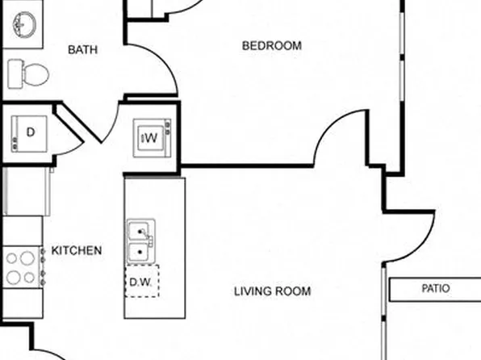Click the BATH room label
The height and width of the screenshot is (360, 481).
(x=82, y=50)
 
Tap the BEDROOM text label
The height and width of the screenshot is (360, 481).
(x=272, y=46)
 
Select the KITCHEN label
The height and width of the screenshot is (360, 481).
(x=77, y=250)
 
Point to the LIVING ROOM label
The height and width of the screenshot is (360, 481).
(x=272, y=291)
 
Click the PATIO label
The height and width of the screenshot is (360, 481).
(x=436, y=288)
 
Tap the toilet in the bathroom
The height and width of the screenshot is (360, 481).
(x=29, y=74)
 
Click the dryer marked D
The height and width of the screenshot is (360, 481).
(x=30, y=134)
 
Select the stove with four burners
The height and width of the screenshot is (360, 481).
(x=22, y=267)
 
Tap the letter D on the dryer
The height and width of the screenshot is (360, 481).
(x=31, y=132)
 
